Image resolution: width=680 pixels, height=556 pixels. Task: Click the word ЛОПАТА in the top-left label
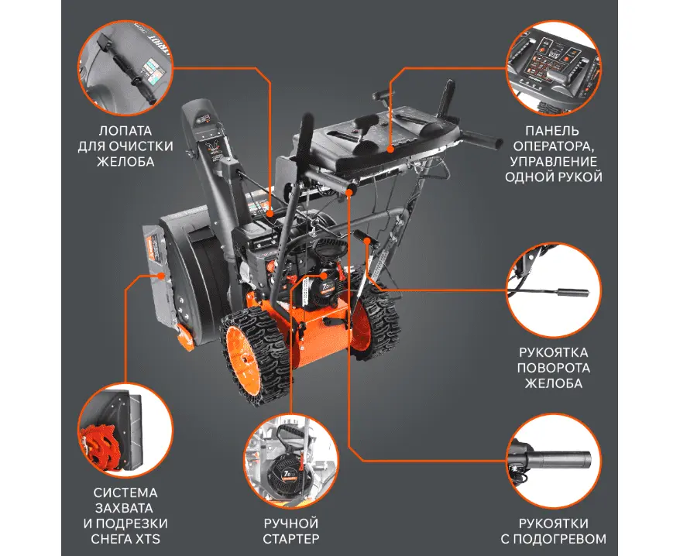coord(125,131)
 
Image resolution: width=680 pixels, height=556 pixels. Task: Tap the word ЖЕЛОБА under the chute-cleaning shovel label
coord(125,161)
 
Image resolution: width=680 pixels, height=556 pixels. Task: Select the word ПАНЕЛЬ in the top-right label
coord(552,131)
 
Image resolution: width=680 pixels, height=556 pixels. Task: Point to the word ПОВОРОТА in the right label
coord(553,368)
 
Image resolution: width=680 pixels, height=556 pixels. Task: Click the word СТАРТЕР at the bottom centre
coord(291,539)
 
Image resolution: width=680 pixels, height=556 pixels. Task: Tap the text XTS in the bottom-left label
coord(149,539)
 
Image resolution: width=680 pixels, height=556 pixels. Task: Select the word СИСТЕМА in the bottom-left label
coord(125,493)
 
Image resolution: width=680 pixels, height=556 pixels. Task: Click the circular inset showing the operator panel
coord(554,68)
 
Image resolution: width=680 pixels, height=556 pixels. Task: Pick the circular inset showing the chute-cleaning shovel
coord(125,68)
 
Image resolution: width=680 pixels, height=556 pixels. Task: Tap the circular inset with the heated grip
coord(554,461)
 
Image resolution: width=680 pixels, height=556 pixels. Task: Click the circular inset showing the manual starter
coord(291,461)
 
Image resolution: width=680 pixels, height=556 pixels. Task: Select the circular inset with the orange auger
coord(125,431)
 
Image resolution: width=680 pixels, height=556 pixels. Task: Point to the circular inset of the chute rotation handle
coord(554,290)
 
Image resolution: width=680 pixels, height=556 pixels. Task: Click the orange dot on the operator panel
coord(390,149)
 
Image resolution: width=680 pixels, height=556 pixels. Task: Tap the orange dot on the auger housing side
coord(161,275)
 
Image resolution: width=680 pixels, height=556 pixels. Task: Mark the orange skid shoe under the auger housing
coord(185,337)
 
